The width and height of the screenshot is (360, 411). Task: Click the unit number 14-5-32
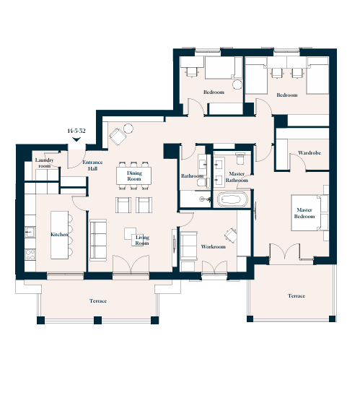tap(76, 131)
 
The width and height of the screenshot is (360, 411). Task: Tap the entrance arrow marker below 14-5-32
tap(76, 139)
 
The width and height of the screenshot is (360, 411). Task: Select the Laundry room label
tap(44, 163)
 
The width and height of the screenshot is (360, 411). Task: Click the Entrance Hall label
tap(92, 165)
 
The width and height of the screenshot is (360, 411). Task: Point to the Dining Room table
tap(133, 176)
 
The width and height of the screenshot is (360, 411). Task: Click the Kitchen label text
tap(59, 234)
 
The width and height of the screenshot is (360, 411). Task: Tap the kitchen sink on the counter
tap(30, 233)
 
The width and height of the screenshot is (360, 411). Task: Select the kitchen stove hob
tap(30, 255)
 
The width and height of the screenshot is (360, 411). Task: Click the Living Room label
tap(142, 240)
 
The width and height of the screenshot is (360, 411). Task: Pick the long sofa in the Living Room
tap(98, 240)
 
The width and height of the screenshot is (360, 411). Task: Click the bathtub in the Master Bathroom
tap(232, 200)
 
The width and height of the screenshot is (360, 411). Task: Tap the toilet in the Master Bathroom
tap(240, 158)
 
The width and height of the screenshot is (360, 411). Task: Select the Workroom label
tap(213, 246)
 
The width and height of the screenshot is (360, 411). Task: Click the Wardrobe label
tap(309, 153)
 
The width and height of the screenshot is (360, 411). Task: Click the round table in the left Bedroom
tap(237, 85)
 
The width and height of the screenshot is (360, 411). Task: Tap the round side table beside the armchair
tap(128, 129)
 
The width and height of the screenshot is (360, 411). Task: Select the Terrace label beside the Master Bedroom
tap(297, 296)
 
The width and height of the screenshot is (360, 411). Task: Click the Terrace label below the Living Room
tap(98, 301)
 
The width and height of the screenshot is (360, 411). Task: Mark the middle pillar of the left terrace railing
tap(97, 320)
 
